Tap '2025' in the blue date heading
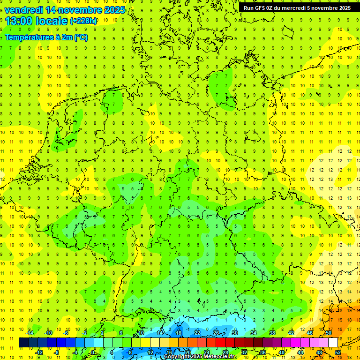(x=112, y=9)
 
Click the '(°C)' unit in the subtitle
(x=80, y=37)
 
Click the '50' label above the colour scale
(x=329, y=332)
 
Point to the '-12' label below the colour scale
(x=39, y=352)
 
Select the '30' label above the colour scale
(x=234, y=332)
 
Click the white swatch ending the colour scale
(x=333, y=343)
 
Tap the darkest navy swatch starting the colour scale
(x=23, y=343)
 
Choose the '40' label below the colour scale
(x=281, y=352)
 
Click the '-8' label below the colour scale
(x=57, y=352)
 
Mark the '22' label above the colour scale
(x=197, y=332)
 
